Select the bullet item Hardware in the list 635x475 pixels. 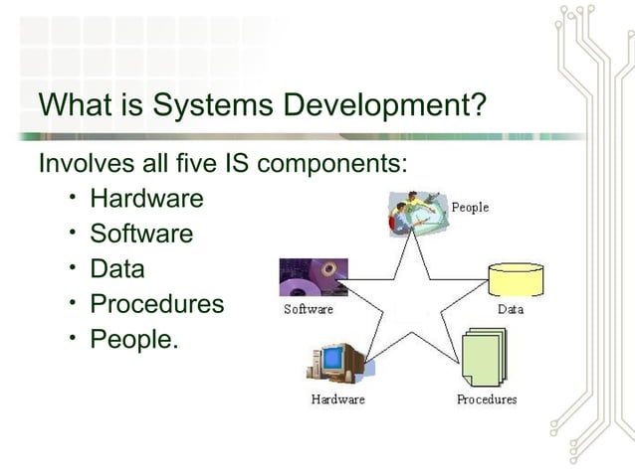tap(146, 199)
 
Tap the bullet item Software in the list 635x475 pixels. tap(141, 234)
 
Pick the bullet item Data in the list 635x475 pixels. tap(117, 268)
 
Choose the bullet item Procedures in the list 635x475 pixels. tap(157, 304)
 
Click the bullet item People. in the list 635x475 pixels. tap(134, 339)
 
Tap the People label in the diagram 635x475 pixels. tap(470, 208)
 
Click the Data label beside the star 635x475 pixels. tap(511, 309)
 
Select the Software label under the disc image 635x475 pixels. tap(309, 309)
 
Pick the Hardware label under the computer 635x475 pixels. tap(337, 399)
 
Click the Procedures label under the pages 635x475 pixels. tap(487, 399)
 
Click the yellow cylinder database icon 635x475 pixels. tap(516, 279)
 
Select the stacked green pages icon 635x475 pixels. tap(485, 359)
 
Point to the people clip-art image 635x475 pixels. tap(412, 215)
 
